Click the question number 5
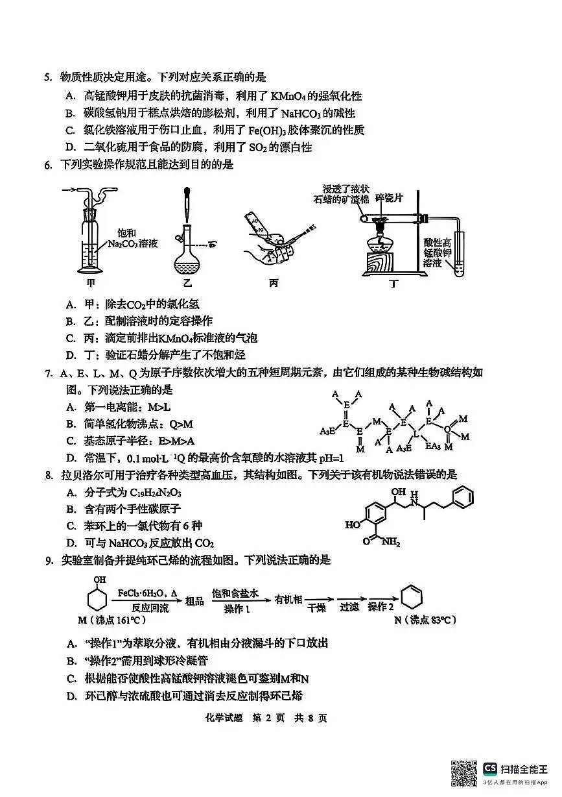(x=48, y=78)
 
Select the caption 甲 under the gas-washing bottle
(x=91, y=283)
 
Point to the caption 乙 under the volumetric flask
(x=187, y=283)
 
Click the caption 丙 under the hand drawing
(x=274, y=283)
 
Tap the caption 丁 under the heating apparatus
(x=393, y=284)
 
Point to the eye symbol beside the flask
(x=213, y=245)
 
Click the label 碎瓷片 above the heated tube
(x=389, y=198)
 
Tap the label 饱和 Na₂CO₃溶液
(x=132, y=238)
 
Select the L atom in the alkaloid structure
(x=416, y=434)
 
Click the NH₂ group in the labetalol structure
(x=391, y=542)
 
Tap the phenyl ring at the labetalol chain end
(x=462, y=497)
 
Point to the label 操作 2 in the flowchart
(x=381, y=607)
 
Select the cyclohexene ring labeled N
(x=412, y=597)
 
